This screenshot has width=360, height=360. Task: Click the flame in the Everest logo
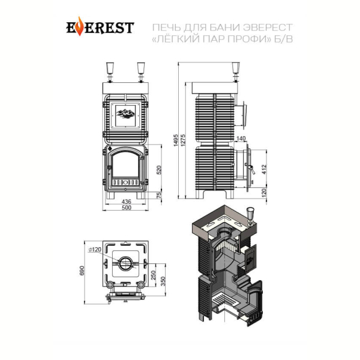point(79,26)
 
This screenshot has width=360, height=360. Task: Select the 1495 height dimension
point(176,140)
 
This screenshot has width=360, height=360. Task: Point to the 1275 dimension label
point(183,140)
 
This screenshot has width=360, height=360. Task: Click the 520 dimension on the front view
point(159,170)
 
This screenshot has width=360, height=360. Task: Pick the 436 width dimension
point(126,202)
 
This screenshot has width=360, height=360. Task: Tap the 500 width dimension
point(126,208)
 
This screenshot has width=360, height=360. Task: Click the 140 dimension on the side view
point(241,139)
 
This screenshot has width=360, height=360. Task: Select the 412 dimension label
point(264,169)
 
